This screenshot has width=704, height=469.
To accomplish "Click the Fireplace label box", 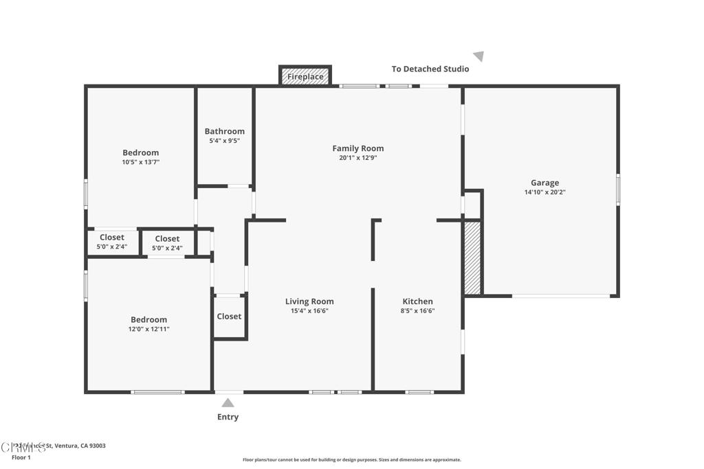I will [305, 76].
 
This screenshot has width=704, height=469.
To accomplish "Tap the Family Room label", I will [357, 148].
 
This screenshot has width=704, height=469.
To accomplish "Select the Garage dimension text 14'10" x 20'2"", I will [544, 192].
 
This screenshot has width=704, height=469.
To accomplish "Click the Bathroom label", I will [224, 131].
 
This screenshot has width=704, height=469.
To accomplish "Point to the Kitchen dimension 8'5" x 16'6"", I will [418, 310].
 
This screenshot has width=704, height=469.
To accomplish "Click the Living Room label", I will [309, 301].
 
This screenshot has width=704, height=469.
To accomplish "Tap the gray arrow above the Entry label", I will [228, 402].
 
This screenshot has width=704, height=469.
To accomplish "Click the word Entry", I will [228, 417].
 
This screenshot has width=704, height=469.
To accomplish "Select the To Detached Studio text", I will [430, 69].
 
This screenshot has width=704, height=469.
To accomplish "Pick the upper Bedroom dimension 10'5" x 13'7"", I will [141, 162].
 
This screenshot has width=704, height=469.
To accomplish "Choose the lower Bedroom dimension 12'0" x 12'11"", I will [149, 329].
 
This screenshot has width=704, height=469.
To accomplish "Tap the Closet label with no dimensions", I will [229, 317].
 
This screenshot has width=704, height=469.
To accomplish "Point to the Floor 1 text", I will [21, 457].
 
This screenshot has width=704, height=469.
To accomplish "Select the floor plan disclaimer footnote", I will [351, 460].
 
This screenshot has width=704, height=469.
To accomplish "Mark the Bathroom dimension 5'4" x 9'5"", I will [224, 141].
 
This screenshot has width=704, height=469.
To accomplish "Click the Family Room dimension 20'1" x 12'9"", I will [357, 157].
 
